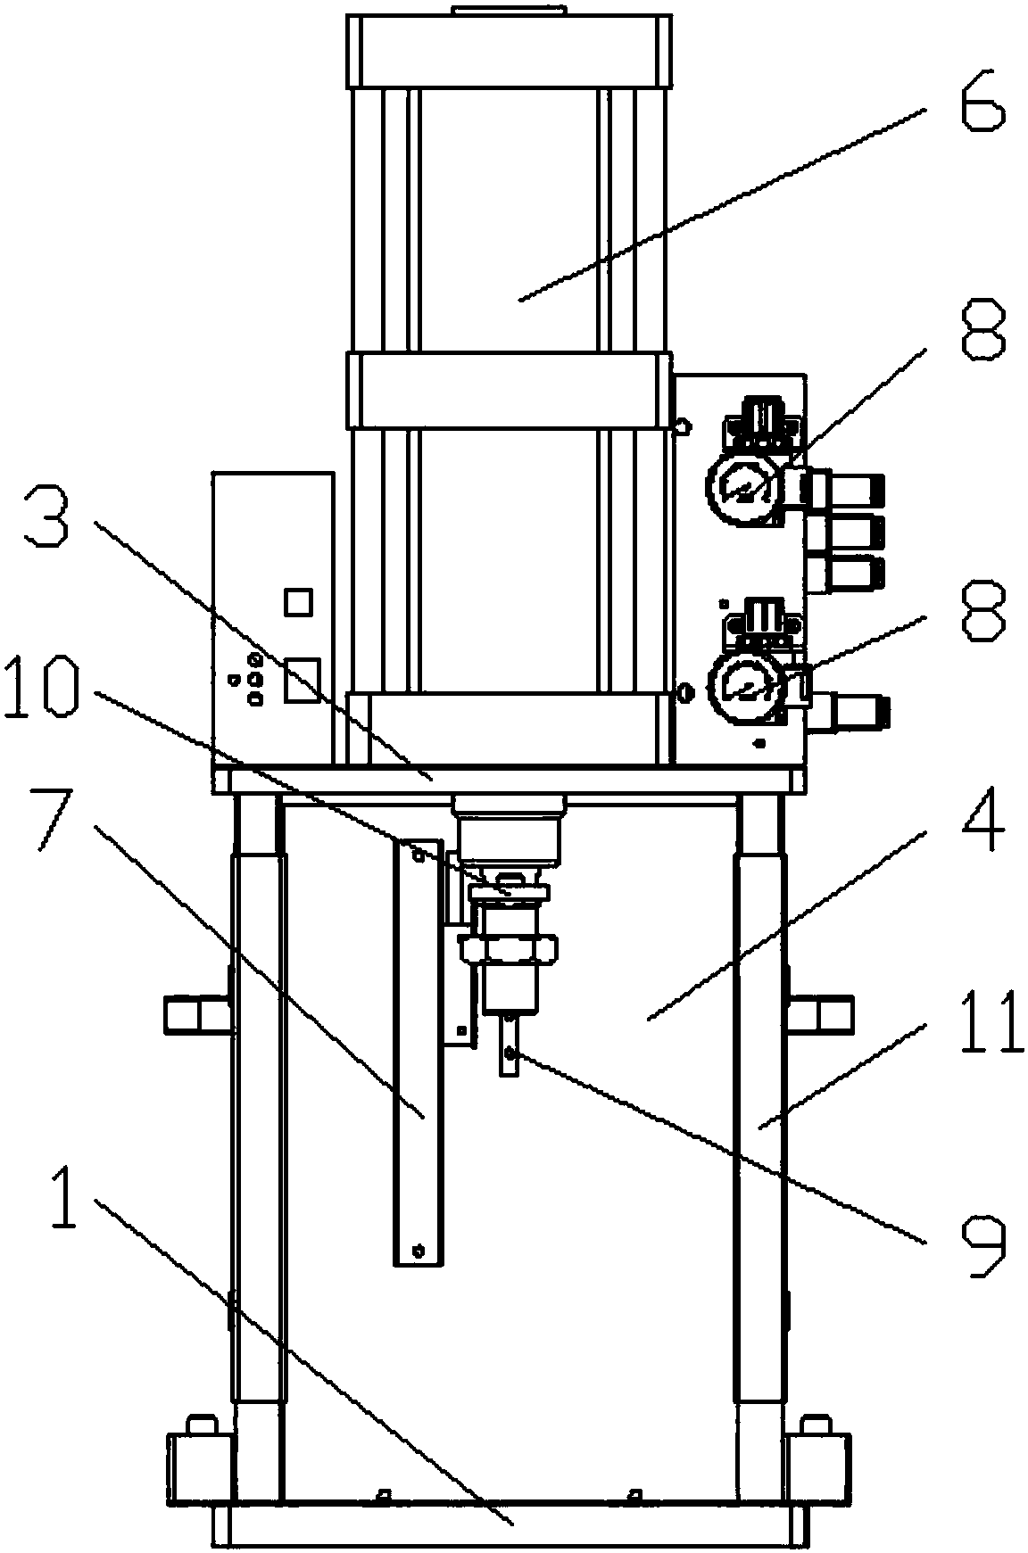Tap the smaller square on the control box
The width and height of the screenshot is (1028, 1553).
pyautogui.click(x=297, y=602)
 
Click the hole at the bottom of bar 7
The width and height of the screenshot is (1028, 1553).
pyautogui.click(x=417, y=1251)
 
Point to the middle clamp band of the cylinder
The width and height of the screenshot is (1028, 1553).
pyautogui.click(x=509, y=390)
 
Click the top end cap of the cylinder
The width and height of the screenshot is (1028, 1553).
pyautogui.click(x=509, y=51)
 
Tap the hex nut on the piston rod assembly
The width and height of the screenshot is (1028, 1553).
pyautogui.click(x=506, y=951)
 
